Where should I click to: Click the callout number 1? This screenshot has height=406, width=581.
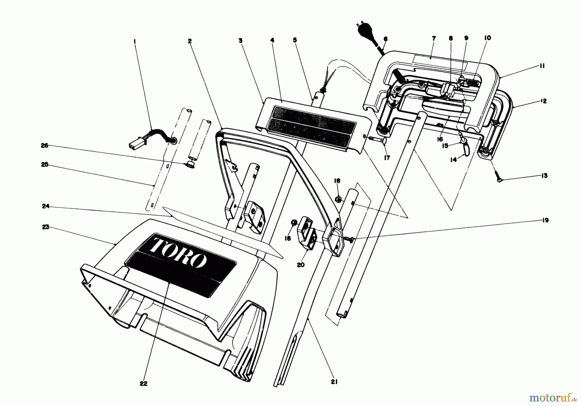[135, 41]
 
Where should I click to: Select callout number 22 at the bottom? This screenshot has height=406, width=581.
[144, 383]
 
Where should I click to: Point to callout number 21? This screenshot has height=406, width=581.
[334, 382]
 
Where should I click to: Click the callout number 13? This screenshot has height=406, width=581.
[545, 176]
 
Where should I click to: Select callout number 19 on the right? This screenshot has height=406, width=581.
[545, 220]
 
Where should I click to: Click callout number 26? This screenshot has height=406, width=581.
[45, 146]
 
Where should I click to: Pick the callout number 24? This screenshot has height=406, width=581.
[46, 206]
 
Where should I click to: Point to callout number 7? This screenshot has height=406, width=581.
[433, 38]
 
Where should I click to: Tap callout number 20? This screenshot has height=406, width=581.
[301, 265]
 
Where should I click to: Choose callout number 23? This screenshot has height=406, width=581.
[46, 227]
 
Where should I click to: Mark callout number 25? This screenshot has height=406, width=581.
[45, 165]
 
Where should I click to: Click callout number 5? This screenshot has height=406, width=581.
[295, 40]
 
